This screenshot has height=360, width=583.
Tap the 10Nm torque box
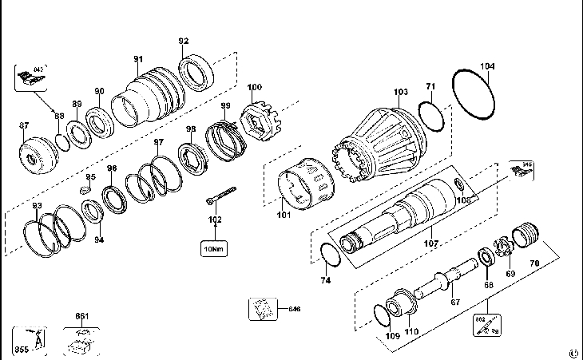(x=214, y=248)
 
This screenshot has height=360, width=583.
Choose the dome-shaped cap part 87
(x=37, y=153)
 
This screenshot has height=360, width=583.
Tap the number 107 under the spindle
(x=431, y=243)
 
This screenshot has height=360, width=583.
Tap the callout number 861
(x=81, y=317)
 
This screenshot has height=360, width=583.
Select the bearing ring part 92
(x=195, y=73)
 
